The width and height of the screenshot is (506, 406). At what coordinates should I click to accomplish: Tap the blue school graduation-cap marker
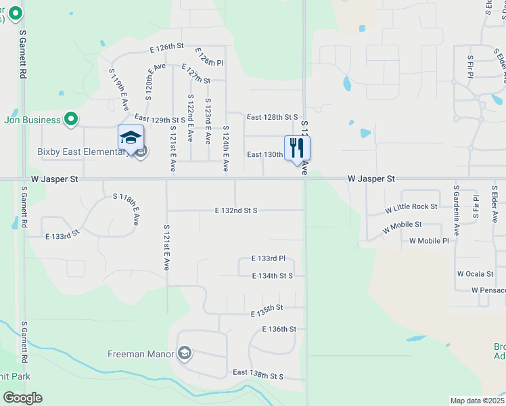click(130, 138)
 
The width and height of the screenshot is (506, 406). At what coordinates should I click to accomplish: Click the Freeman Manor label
click(141, 354)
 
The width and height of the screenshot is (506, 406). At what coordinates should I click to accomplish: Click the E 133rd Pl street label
click(269, 258)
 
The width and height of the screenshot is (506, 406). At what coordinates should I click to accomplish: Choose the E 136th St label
click(279, 329)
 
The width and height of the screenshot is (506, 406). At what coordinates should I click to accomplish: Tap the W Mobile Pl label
click(429, 241)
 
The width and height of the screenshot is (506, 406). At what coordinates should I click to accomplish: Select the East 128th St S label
click(272, 117)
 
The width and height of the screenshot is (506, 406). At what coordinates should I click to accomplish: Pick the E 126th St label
click(166, 46)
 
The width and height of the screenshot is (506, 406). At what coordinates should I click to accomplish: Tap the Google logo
click(22, 398)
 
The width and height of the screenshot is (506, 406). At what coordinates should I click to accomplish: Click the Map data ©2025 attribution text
click(476, 401)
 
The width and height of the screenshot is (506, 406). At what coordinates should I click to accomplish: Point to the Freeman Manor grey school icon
click(184, 353)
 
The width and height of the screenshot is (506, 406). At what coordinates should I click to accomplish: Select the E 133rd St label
click(62, 234)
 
